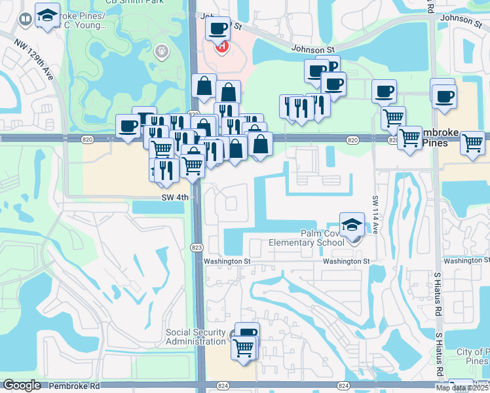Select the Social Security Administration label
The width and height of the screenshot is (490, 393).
tap(195, 337)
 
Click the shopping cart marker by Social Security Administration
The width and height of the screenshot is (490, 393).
tap(244, 346)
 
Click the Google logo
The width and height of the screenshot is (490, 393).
tap(22, 385)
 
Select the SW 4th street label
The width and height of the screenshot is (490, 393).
tap(174, 197)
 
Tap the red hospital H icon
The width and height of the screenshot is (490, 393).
tap(223, 47)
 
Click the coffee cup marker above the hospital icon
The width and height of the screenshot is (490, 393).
tap(217, 29)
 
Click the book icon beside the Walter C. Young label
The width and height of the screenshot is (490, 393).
tap(25, 20)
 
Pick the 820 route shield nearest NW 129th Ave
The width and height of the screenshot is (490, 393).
tap(86, 140)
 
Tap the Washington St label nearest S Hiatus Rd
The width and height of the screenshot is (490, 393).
tap(466, 261)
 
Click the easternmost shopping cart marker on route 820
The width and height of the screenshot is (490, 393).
tap(472, 142)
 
